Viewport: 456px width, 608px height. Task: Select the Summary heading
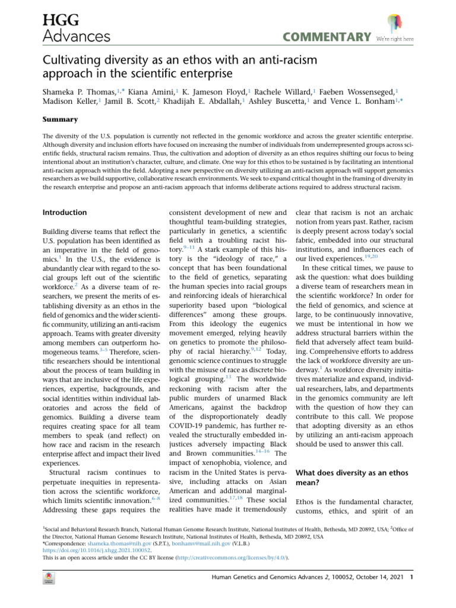(61, 119)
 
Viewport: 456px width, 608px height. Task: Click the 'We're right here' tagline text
(395, 39)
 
